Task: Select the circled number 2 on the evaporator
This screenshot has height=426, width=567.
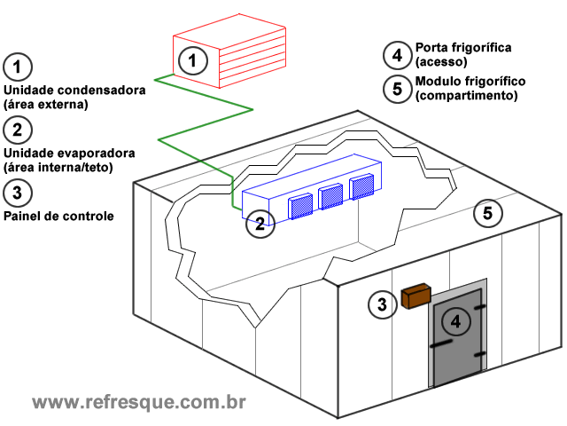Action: pos(259,224)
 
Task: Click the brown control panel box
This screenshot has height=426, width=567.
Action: pos(415,296)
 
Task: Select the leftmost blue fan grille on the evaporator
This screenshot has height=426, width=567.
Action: pos(301,205)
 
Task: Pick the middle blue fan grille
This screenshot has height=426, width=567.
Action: pos(330,195)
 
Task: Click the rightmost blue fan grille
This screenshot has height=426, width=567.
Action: pos(361,186)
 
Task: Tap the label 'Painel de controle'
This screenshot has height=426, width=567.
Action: pos(58,216)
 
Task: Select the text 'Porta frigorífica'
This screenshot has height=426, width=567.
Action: pos(462,47)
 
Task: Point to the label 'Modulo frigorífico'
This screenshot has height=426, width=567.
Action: pos(470,81)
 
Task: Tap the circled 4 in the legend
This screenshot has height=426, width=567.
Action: pos(397,54)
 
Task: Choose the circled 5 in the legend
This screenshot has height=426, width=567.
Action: pos(397,87)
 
